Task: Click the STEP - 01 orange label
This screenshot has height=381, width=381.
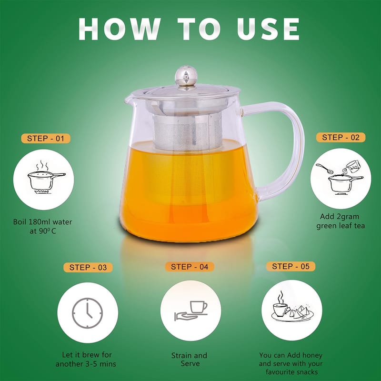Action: pyautogui.click(x=46, y=139)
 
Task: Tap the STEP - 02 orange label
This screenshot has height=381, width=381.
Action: pyautogui.click(x=341, y=138)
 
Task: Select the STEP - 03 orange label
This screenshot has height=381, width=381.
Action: pyautogui.click(x=88, y=268)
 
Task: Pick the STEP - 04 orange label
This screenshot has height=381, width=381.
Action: pyautogui.click(x=190, y=267)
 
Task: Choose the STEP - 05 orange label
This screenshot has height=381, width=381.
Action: pyautogui.click(x=291, y=266)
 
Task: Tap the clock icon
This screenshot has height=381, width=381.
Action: pyautogui.click(x=88, y=313)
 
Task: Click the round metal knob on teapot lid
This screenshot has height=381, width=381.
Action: pyautogui.click(x=186, y=76)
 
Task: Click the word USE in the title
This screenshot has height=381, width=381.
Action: pyautogui.click(x=268, y=29)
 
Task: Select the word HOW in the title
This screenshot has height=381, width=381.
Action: pyautogui.click(x=119, y=29)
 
